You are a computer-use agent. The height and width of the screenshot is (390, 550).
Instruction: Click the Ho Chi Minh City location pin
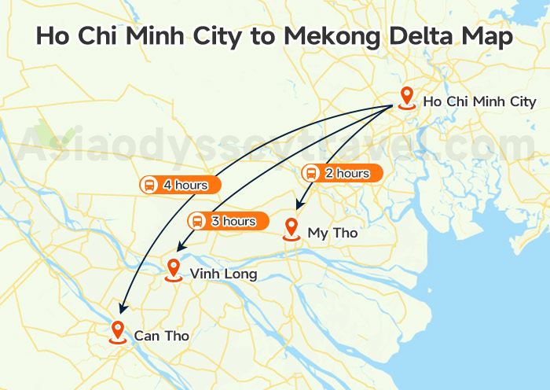[406, 97]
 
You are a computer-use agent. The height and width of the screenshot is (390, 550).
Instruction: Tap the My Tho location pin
[291, 228]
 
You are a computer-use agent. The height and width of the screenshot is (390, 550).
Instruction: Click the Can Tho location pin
[118, 331]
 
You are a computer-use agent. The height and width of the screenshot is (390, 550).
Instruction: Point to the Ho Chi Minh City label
[479, 101]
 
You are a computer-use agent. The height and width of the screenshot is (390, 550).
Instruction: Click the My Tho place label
[332, 233]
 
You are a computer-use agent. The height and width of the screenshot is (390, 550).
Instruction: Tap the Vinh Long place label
[223, 274]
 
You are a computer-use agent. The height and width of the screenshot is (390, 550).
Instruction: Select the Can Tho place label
[161, 336]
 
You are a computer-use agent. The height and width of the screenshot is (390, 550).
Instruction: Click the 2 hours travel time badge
[337, 173]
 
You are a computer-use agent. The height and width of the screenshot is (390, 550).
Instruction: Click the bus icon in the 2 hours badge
[311, 173]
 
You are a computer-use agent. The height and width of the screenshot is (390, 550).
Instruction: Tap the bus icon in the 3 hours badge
[196, 221]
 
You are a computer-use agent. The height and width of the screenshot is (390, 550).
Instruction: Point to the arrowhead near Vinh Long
[180, 248]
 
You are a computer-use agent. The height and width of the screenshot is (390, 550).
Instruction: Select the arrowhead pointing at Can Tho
[122, 310]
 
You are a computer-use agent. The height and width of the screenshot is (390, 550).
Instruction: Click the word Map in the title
[487, 39]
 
